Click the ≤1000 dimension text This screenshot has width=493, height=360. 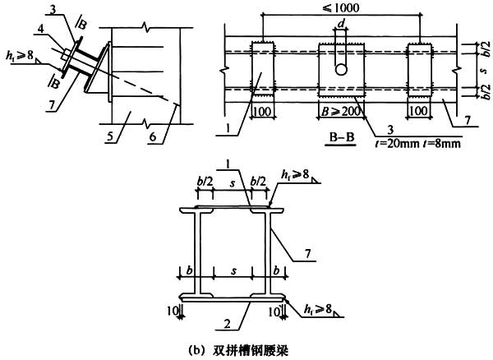[x=340, y=7]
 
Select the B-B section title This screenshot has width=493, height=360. [x=342, y=137]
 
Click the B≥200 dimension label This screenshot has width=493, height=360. [x=340, y=111]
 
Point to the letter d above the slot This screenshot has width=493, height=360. [x=341, y=23]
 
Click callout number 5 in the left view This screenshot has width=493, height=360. [x=110, y=136]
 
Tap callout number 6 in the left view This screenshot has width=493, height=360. [x=153, y=136]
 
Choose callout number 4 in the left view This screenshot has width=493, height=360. [x=40, y=30]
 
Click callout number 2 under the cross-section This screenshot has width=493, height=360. [x=227, y=323]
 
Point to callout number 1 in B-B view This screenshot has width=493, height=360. [x=228, y=128]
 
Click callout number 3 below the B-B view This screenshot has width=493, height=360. [x=390, y=130]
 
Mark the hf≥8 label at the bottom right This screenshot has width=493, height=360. [x=318, y=309]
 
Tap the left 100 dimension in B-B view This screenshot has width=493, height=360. [x=261, y=111]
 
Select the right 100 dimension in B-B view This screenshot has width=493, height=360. [x=419, y=111]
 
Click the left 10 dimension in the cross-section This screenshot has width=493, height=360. [x=173, y=312]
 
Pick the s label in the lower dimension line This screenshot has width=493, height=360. [x=233, y=271]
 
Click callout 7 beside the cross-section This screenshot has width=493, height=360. [x=308, y=253]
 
